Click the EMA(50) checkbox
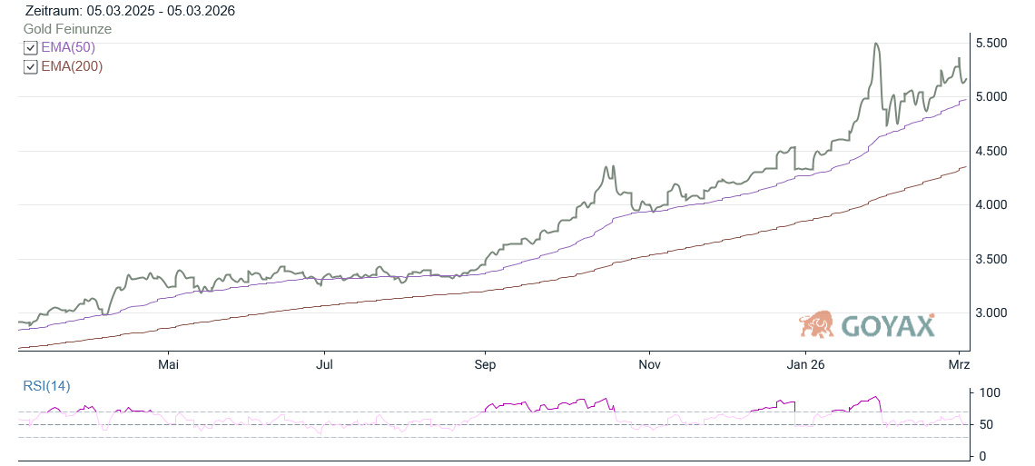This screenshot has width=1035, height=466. coord(31,48)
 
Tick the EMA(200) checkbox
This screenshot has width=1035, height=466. coord(31,67)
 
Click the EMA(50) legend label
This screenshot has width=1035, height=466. coord(68,47)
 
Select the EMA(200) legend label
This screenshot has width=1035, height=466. coord(72,66)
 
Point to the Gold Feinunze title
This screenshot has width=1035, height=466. coord(68,29)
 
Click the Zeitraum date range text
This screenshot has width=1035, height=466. coord(131,11)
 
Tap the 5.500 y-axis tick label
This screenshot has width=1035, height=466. coord(996,44)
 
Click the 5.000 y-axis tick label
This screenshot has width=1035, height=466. coord(996,97)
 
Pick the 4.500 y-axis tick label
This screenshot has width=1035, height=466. coord(996,151)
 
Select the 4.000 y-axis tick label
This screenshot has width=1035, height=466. coord(996,205)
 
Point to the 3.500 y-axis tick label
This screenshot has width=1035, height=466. coord(996,260)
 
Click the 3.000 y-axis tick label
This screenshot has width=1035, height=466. coord(996,313)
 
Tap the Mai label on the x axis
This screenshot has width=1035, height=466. coord(168,365)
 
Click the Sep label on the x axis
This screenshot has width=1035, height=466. coord(486,365)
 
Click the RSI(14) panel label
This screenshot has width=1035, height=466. coord(46,386)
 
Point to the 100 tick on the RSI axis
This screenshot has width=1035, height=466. coord(989,393)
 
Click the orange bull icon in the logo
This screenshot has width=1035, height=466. coord(817,323)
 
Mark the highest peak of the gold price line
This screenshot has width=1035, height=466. coord(875,44)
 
